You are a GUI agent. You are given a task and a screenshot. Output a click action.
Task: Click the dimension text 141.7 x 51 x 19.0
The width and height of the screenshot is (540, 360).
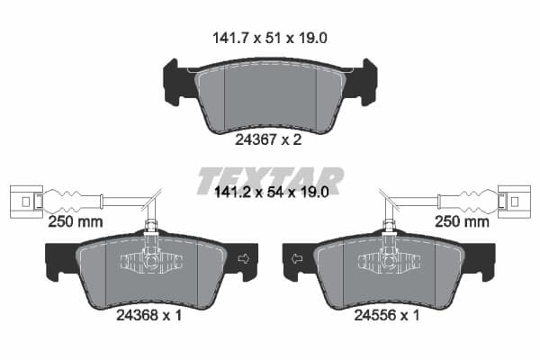point(270,38)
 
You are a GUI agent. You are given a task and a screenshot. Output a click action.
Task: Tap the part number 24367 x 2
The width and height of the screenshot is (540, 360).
point(268,139)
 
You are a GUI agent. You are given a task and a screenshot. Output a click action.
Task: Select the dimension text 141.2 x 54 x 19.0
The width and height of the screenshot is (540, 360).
point(272,192)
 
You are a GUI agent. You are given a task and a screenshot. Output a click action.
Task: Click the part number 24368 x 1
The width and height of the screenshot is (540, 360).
point(148,315)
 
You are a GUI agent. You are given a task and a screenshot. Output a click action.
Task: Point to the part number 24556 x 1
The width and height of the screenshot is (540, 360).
point(387,315)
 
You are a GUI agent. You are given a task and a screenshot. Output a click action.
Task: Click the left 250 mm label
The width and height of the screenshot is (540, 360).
point(76,221)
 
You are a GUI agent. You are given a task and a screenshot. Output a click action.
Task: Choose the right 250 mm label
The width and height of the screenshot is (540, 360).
point(462,221)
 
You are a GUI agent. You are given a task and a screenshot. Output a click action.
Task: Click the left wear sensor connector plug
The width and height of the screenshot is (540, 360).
point(26,202)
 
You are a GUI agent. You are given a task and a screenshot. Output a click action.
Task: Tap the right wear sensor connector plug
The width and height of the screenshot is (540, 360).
point(514,202)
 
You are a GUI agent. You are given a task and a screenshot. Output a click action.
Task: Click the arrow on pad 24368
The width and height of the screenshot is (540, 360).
point(244,258)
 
